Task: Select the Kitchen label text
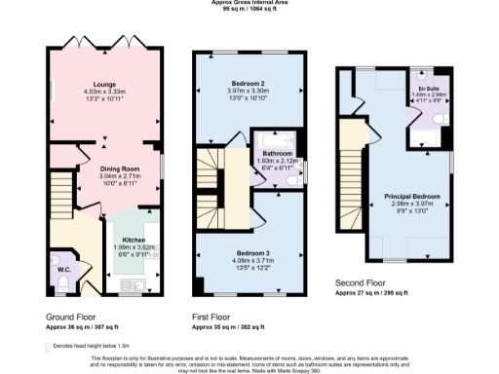(134, 239)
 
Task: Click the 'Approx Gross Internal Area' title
(249, 3)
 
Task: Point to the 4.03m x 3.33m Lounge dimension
(106, 93)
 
